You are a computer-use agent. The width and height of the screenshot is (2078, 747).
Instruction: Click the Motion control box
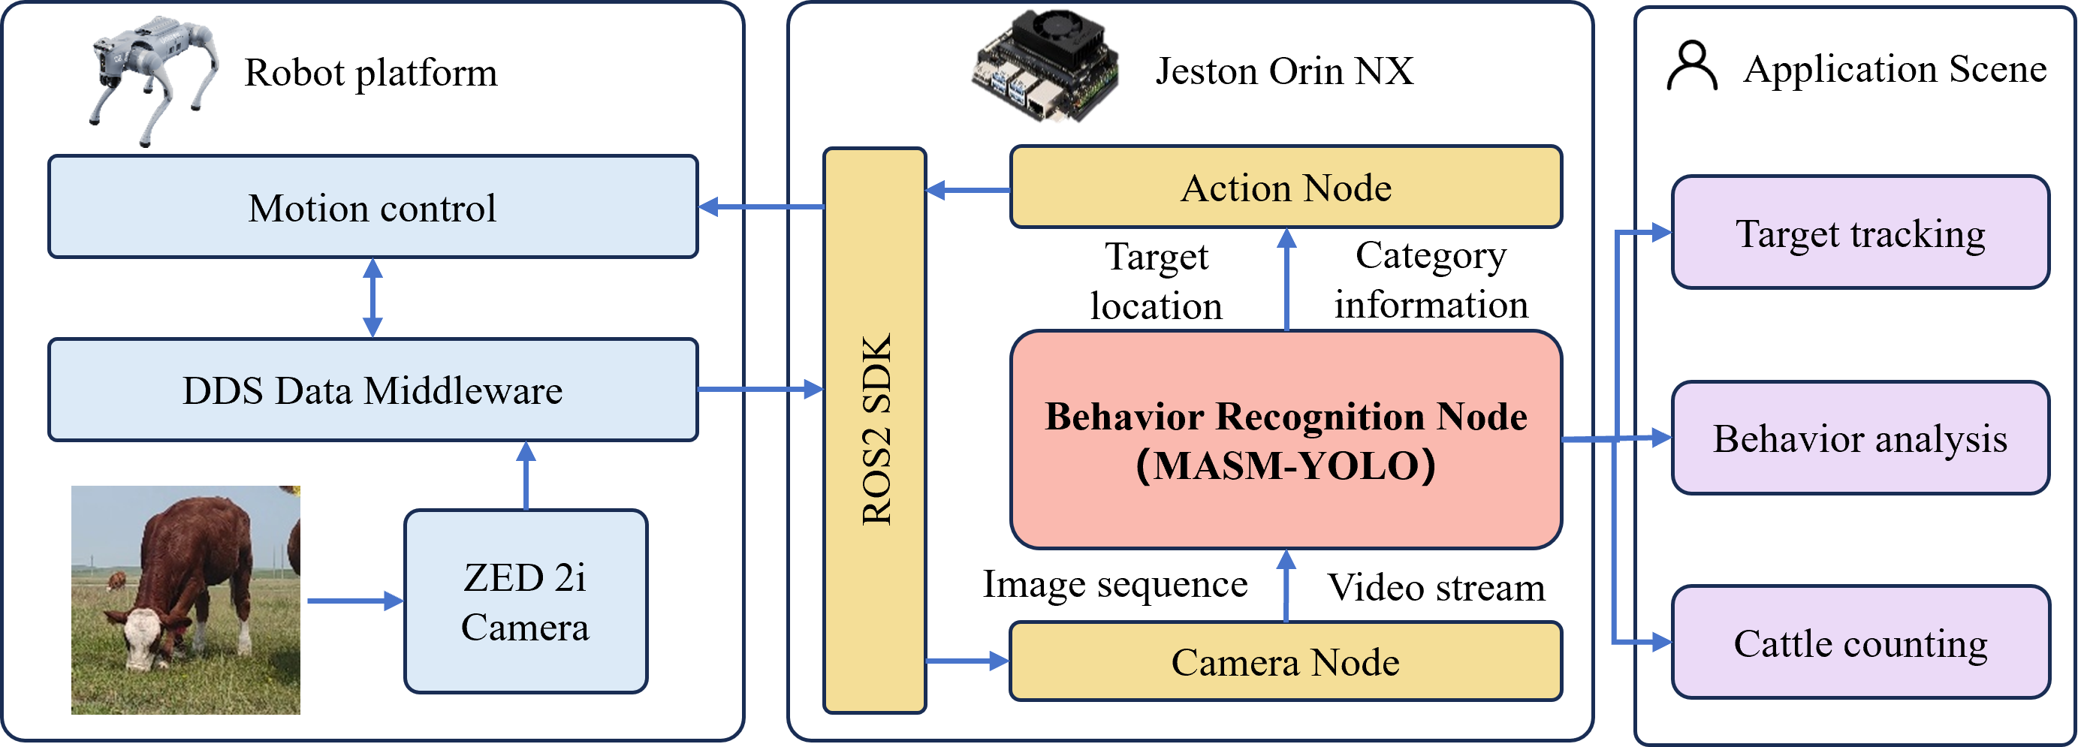[x=372, y=207]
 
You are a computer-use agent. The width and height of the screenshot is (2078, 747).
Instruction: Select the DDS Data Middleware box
[x=372, y=390]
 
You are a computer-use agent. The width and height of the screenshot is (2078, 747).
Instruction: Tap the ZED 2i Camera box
[x=525, y=602]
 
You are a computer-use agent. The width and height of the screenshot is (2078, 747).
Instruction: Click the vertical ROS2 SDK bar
[x=875, y=430]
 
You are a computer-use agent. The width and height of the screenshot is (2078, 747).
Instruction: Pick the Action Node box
[x=1286, y=187]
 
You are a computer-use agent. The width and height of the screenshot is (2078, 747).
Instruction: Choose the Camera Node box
[x=1286, y=661]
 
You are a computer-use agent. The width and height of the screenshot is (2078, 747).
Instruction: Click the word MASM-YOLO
[x=1286, y=465]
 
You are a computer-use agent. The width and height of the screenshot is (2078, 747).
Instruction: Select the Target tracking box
[x=1860, y=233]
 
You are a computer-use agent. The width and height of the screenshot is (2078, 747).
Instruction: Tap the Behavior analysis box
[x=1860, y=438]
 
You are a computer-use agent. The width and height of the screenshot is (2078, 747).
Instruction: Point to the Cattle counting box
[x=1860, y=643]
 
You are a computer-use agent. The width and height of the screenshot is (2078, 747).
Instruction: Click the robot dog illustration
[x=153, y=77]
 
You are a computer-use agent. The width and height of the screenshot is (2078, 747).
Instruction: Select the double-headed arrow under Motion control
[x=372, y=297]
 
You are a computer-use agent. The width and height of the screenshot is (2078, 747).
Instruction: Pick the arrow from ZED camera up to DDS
[x=526, y=475]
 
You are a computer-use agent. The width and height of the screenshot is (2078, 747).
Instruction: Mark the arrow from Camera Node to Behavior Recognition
[x=1286, y=586]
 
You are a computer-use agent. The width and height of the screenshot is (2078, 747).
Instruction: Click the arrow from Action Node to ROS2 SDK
[x=967, y=191]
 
